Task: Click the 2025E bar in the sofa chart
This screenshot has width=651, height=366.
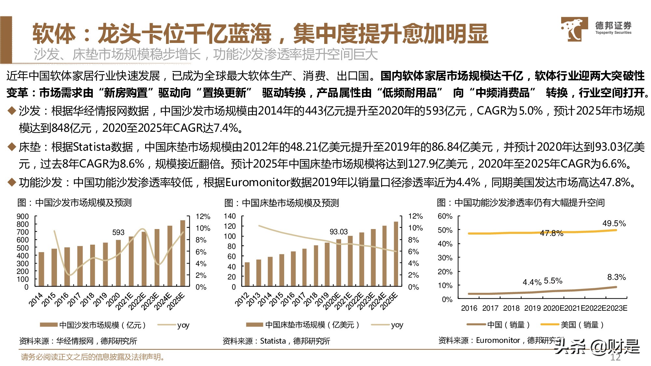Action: pos(183,253)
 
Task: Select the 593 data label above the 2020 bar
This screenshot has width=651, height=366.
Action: pos(118,232)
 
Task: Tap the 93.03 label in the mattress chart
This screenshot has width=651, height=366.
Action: pos(339,232)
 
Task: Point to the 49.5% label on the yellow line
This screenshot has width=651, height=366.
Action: pos(614,224)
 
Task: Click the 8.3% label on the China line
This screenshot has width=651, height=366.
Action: pos(616,277)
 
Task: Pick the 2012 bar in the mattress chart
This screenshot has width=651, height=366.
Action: pos(247,274)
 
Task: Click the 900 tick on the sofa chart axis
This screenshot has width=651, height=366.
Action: pos(23,217)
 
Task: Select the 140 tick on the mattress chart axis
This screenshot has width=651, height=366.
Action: pos(230,216)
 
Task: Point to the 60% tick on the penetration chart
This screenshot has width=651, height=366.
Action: pos(445,216)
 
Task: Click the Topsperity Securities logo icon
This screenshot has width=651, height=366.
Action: pos(574,29)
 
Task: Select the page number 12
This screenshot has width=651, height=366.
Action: pos(615,357)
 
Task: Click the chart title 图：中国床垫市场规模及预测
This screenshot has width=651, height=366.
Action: pos(282,203)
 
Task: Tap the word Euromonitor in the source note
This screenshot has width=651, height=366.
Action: pos(498,340)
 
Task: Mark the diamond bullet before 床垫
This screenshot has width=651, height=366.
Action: pos(12,147)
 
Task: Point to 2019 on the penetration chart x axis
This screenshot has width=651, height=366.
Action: pos(532,308)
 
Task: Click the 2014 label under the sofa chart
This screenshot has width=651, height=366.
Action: pos(36,299)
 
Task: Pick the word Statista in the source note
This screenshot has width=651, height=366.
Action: pos(273,341)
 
